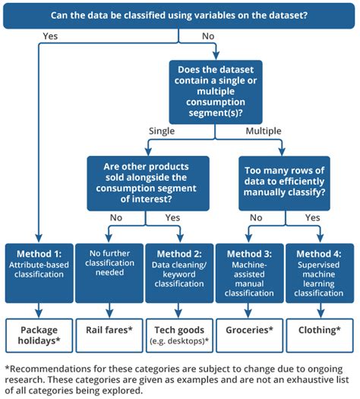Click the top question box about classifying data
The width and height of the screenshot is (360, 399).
[x=178, y=16]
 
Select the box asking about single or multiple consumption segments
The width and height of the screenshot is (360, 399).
[x=216, y=92]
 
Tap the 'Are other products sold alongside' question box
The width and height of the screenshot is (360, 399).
[x=148, y=183]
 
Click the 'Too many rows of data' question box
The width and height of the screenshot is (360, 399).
[x=284, y=183]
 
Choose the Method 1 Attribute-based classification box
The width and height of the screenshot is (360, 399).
[x=39, y=273]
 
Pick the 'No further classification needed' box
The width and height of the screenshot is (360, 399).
[x=109, y=273]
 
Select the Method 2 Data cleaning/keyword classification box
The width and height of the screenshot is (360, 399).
[x=179, y=273]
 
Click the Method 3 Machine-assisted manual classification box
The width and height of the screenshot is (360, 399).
[x=249, y=273]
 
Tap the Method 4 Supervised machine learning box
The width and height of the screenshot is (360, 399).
[x=320, y=273]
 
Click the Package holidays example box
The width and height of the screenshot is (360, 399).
[x=39, y=335]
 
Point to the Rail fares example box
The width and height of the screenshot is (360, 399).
[x=109, y=335]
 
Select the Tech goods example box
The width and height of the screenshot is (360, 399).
[x=179, y=335]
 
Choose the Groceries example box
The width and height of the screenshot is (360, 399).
[x=249, y=335]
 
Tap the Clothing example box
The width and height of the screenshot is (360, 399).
[x=320, y=335]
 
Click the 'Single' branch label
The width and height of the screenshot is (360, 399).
[x=162, y=131]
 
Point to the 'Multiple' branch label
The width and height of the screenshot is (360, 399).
[x=264, y=131]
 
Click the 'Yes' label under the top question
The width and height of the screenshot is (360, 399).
[x=50, y=36]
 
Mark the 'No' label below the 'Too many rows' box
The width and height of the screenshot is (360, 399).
[x=256, y=218]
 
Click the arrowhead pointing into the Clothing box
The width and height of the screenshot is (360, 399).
[x=321, y=315]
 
